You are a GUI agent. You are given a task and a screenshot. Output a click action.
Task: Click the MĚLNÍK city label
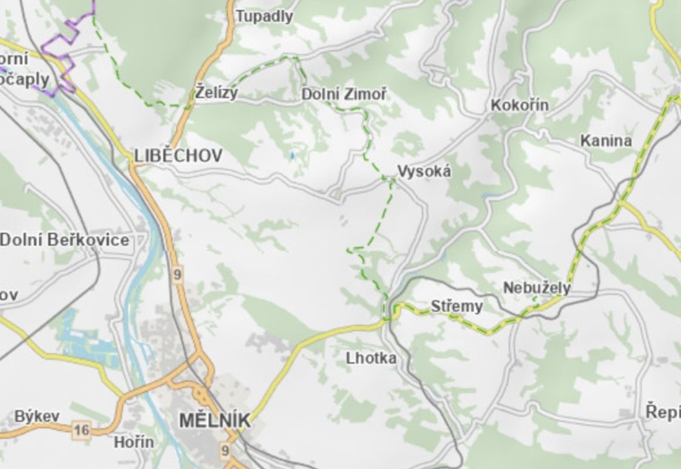215,420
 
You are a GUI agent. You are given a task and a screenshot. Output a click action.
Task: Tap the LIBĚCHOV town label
178,155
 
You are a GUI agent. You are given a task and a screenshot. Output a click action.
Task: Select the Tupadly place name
264,16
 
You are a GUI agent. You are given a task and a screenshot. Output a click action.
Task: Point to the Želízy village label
216,93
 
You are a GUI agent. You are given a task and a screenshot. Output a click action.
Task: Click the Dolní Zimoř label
343,94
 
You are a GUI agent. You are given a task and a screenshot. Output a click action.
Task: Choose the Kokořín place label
519,106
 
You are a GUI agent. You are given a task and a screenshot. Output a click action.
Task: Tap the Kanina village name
606,141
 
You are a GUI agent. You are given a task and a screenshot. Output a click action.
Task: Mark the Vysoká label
424,171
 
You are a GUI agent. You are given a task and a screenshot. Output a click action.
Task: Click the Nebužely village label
536,288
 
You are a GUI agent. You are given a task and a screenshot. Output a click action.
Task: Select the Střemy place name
457,306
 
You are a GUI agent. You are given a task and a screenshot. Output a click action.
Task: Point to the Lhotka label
371,358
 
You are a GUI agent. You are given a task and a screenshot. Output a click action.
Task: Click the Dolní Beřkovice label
64,240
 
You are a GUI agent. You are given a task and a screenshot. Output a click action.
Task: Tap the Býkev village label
37,416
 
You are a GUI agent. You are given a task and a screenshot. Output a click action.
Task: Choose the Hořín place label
134,442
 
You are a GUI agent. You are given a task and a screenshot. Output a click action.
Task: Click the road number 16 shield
81,431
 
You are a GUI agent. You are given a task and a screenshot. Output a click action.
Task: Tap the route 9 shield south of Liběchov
178,274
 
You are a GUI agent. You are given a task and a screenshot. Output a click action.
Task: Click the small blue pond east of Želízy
291,155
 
